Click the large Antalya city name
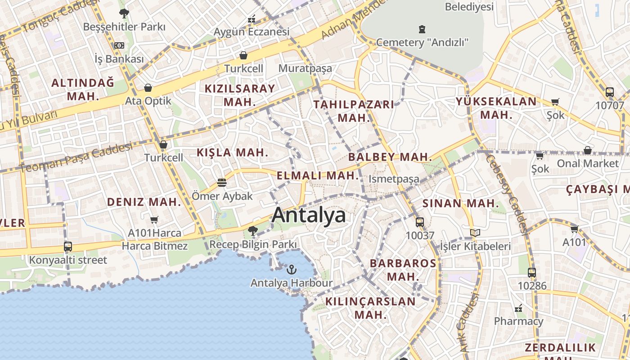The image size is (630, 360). [309, 215]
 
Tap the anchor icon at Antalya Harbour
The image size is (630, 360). [292, 270]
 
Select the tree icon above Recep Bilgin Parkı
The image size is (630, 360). [252, 231]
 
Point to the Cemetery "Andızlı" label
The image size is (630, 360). [422, 42]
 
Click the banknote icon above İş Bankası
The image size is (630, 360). [119, 45]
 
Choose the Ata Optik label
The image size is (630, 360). [148, 101]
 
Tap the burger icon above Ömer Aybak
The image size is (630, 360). [221, 183]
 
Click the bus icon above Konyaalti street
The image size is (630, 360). [68, 247]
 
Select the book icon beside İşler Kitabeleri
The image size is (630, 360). [475, 233]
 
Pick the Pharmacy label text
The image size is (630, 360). [518, 321]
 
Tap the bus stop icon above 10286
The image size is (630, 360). [532, 272]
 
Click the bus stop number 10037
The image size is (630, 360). [420, 235]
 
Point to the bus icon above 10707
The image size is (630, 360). [610, 92]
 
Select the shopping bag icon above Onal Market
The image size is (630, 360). [587, 150]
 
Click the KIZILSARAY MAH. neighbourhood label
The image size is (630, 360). [239, 95]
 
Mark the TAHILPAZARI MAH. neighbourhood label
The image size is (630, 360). [353, 111]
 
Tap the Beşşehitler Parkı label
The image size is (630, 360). [124, 27]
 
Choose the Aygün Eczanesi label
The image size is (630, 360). [251, 32]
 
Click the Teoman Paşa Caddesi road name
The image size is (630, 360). [76, 157]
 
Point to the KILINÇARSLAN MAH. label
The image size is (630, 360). [370, 308]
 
